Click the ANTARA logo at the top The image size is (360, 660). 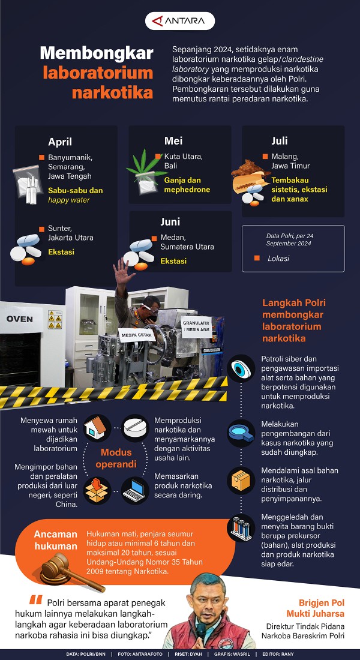coord(180,20)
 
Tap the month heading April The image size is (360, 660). coord(60,142)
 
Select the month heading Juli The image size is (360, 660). coord(280,140)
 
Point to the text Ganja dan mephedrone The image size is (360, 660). coord(187,185)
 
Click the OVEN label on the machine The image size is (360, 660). coord(19,319)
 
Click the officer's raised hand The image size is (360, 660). coord(123,273)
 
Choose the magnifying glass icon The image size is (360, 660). coord(241,433)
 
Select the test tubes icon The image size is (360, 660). coord(241,528)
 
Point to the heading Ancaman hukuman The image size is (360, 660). coord(56,540)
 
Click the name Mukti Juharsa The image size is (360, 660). coord(316,613)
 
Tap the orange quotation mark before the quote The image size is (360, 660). coord(36,600)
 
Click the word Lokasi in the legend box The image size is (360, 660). coord(278,259)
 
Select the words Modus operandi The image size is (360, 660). coord(116,458)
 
